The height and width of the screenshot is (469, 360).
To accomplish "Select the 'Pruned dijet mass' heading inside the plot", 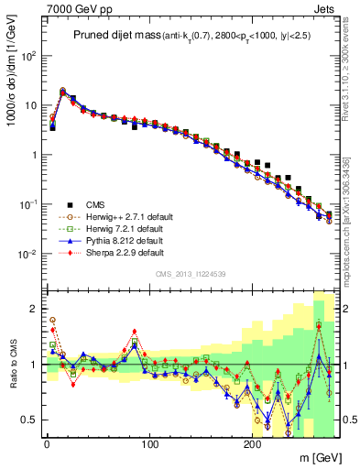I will [x=115, y=35].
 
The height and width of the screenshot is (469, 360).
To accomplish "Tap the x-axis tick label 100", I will [x=149, y=442].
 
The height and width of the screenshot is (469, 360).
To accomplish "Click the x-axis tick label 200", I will [x=253, y=442].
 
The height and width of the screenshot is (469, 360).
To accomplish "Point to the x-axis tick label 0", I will [x=47, y=442].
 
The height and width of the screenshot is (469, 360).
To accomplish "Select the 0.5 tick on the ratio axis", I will [x=30, y=420].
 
